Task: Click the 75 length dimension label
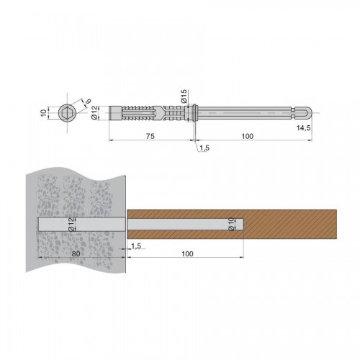pos(150,136)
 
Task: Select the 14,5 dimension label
pos(304,128)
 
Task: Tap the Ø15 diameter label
pos(184,96)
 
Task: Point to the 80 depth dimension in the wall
pos(76,253)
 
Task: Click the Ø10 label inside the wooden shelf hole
pos(232,224)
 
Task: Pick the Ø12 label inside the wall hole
pos(71,224)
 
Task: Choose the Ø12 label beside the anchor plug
pos(95,112)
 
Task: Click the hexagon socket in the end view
pos(68,112)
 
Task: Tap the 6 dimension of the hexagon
pos(89,101)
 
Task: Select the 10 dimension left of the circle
pos(43,112)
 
